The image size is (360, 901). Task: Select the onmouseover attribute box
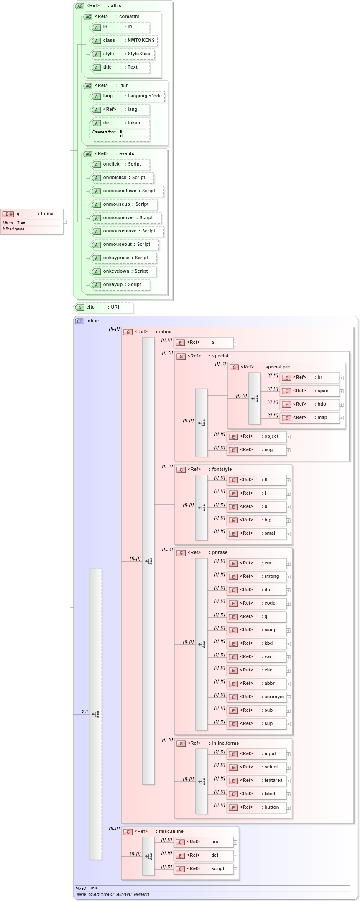(126, 218)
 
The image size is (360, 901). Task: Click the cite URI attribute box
(103, 307)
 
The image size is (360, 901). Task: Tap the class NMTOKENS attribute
(124, 41)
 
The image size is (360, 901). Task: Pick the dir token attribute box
(120, 123)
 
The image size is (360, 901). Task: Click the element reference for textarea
(257, 781)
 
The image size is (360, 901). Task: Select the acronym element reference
(257, 697)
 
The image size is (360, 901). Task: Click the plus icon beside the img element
(289, 450)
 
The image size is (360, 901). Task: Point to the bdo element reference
(309, 404)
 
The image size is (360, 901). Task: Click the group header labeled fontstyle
(222, 470)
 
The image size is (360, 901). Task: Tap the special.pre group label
(277, 367)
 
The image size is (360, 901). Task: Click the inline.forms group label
(225, 743)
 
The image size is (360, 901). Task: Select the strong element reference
(257, 577)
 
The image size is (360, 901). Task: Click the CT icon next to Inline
(79, 321)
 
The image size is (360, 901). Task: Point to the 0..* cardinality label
(84, 712)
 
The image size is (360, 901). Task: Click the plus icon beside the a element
(235, 343)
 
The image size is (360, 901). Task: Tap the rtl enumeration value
(122, 136)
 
